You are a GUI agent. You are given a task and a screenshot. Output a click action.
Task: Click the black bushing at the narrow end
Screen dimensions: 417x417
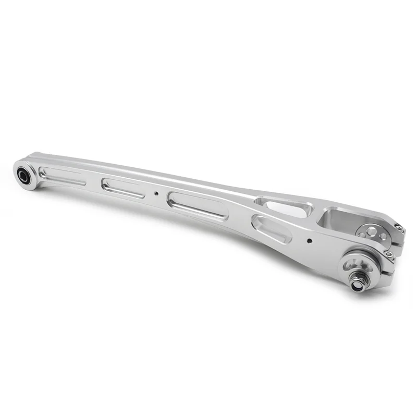click(x=23, y=175)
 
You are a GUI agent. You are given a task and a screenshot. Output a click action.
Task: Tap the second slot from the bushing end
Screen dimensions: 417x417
click(x=123, y=188)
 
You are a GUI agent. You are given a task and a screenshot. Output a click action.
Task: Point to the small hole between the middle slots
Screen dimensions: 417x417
click(x=155, y=193)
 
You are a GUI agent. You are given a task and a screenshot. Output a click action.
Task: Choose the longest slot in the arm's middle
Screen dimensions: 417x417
click(x=198, y=205)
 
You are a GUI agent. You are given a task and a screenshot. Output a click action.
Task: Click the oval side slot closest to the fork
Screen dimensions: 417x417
click(x=271, y=229)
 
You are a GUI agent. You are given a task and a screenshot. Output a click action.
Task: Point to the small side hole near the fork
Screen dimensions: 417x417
click(x=310, y=241)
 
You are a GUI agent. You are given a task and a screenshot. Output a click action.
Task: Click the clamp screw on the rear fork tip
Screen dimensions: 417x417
click(x=399, y=227)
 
